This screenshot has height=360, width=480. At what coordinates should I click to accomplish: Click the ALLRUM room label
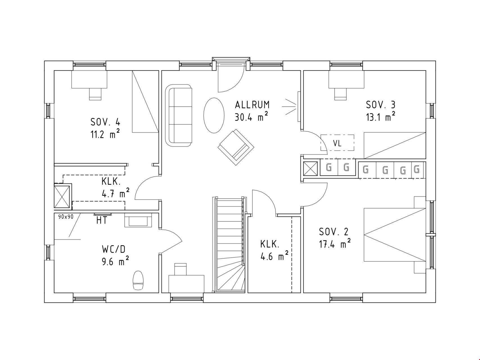point(252,105)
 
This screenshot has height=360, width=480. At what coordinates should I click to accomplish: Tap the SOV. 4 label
point(105,122)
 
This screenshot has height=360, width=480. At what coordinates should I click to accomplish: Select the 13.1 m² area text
point(380,116)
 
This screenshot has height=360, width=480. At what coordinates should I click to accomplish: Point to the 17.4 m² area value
point(335,244)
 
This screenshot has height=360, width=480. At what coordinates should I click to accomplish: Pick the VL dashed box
point(337,143)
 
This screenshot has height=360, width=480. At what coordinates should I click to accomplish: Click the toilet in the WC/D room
point(138,280)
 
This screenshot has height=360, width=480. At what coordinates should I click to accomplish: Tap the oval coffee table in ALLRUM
point(214,115)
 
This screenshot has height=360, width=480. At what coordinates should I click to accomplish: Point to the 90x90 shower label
point(66,217)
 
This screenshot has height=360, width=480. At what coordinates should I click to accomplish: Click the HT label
point(102,220)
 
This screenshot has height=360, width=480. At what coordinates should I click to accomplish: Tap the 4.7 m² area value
point(116,193)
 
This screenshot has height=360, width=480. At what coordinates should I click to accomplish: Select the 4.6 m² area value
point(274,256)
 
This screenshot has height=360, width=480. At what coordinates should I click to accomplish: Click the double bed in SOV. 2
point(395,235)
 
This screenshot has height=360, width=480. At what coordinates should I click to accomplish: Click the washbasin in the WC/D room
point(138,220)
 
